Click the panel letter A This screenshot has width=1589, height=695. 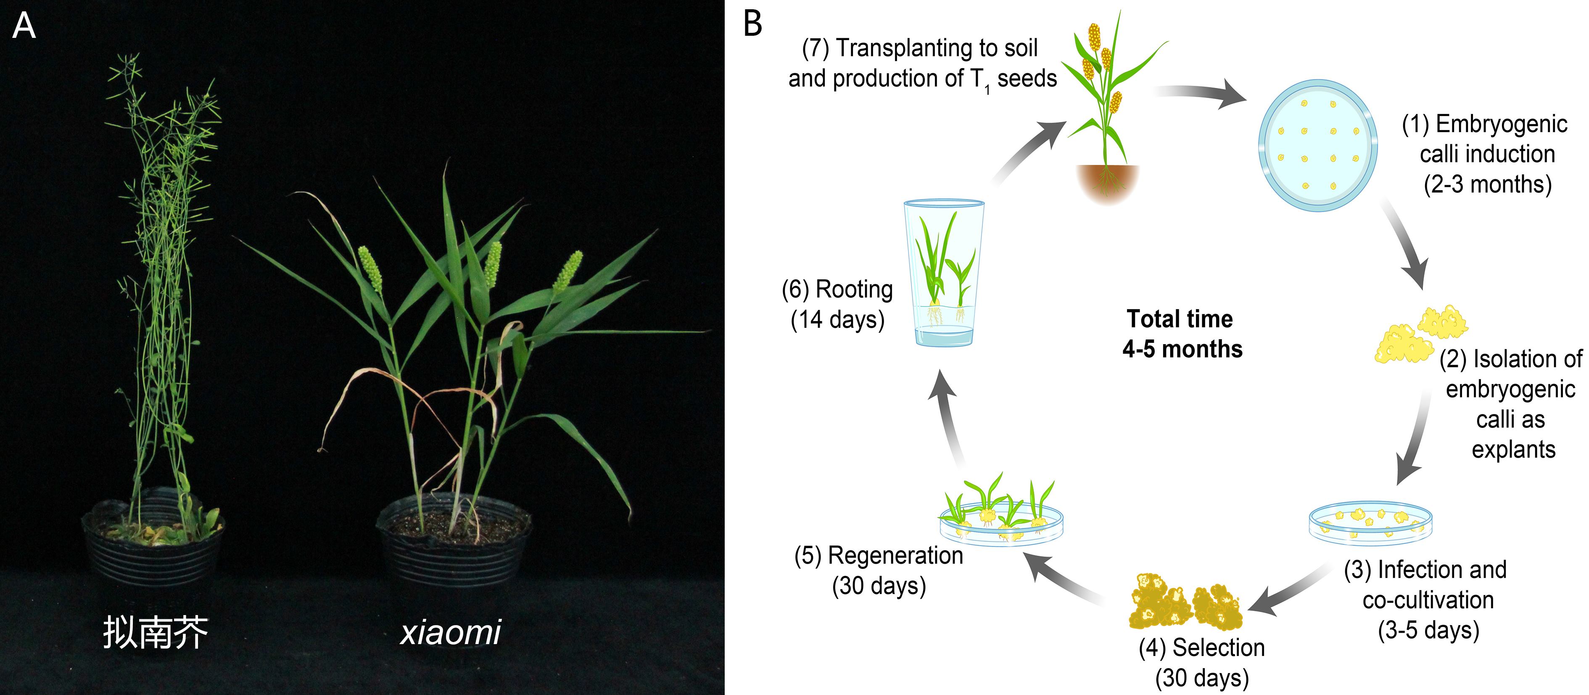click(x=24, y=26)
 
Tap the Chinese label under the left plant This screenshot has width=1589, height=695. click(x=156, y=632)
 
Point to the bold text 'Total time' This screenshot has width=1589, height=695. click(x=1180, y=319)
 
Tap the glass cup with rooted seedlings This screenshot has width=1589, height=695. click(x=943, y=272)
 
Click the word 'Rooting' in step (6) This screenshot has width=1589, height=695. click(x=854, y=289)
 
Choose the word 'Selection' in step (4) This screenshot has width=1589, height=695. click(x=1218, y=647)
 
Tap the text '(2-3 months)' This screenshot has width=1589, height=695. click(x=1487, y=184)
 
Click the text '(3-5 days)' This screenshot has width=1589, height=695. click(x=1428, y=630)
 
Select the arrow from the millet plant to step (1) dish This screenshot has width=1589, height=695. click(x=1200, y=94)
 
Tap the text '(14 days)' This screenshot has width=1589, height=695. click(x=838, y=320)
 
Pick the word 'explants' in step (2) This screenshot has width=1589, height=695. click(x=1513, y=450)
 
